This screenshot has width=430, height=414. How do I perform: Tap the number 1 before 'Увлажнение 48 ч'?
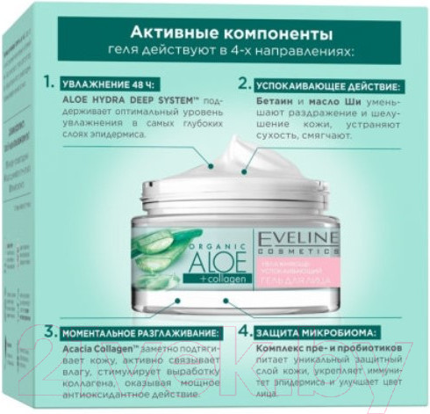[x=47, y=84]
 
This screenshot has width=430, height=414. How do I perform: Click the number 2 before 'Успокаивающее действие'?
[x=243, y=85]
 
